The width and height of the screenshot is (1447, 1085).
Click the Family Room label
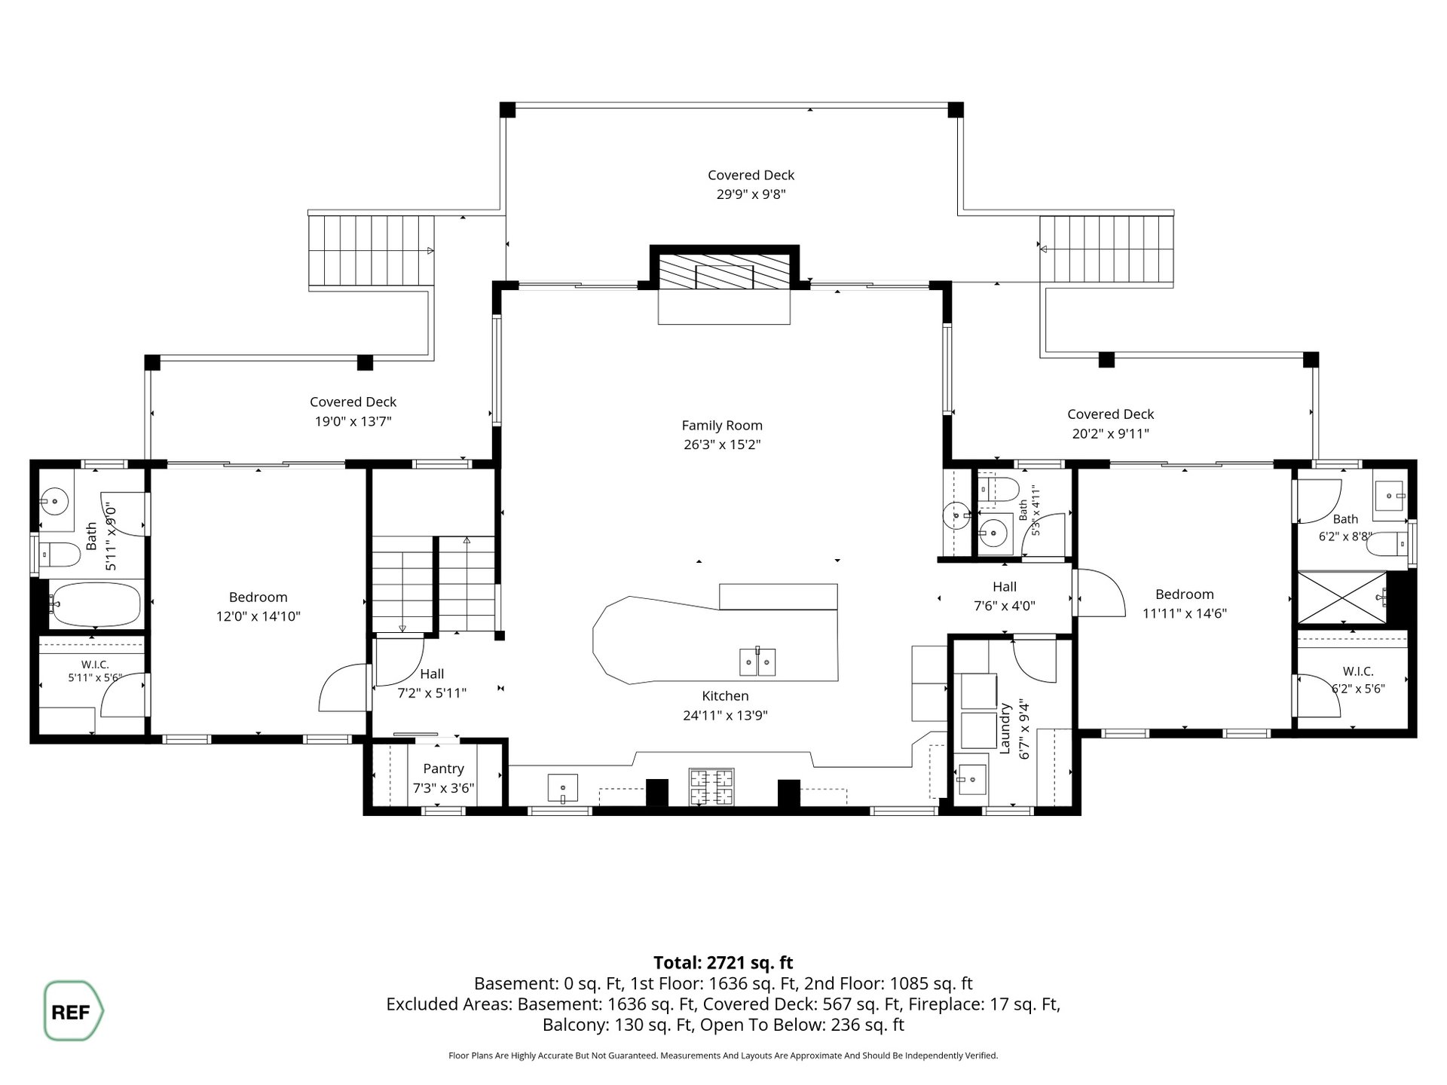(x=722, y=426)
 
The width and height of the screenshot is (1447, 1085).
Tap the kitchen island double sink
(x=757, y=662)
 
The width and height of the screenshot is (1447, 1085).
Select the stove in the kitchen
(x=711, y=787)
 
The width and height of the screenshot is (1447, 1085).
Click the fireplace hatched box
(x=724, y=272)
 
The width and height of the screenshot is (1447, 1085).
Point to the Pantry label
(x=443, y=769)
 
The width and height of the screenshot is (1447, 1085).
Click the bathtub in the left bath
(x=95, y=604)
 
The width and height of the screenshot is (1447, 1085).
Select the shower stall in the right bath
(x=1341, y=598)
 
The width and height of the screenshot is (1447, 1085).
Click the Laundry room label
(x=1005, y=728)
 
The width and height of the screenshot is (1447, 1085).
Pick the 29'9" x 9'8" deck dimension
(x=751, y=194)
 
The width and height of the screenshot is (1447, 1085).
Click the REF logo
(x=73, y=1011)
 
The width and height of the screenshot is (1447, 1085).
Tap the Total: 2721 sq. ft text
(x=723, y=962)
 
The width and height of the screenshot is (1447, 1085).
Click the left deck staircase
(x=372, y=251)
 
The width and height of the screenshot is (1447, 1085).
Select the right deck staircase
(x=1106, y=250)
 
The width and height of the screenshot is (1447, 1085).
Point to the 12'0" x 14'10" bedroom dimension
(x=259, y=616)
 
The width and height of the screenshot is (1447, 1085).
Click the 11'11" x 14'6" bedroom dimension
(x=1185, y=613)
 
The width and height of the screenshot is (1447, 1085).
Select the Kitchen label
(x=725, y=696)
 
